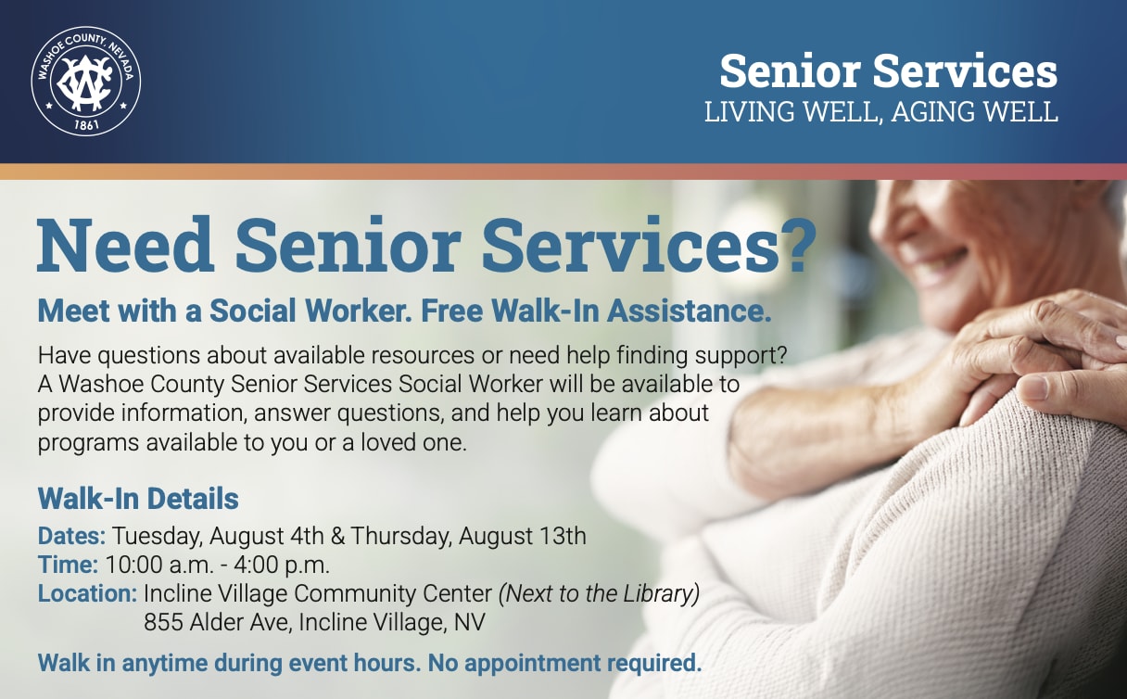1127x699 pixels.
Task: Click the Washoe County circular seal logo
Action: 86,81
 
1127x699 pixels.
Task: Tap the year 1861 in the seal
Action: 86,124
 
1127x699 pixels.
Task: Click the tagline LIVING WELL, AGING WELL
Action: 880,112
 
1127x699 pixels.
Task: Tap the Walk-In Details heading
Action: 138,499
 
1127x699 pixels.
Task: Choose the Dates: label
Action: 72,536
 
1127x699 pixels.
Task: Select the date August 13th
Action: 522,536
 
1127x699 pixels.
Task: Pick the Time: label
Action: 68,565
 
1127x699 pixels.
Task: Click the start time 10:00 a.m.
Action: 160,566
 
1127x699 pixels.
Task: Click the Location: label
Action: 87,594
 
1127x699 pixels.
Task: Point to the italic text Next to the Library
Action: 599,594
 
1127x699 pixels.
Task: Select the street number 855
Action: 163,622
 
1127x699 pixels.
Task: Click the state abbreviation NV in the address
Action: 470,622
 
